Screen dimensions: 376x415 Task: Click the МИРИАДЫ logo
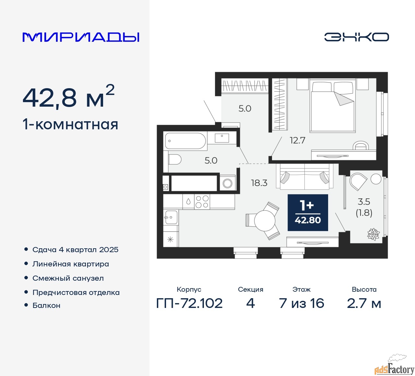[x=81, y=37]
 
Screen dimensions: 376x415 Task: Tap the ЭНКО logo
[x=356, y=37]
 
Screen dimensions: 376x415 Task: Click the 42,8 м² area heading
[x=68, y=97]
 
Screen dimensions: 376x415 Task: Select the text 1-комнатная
[x=70, y=124]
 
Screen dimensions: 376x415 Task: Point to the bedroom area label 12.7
[x=297, y=140]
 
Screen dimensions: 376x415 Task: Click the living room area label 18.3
[x=259, y=183]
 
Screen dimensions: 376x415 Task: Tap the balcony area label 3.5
[x=364, y=202]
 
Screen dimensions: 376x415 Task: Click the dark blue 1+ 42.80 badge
[x=308, y=213]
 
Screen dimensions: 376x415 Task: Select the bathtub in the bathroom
[x=185, y=141]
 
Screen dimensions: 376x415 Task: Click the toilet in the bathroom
[x=174, y=159]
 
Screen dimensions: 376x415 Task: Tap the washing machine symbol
[x=228, y=183]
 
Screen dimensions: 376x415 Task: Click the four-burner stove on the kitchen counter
[x=202, y=202]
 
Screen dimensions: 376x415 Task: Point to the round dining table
[x=265, y=220]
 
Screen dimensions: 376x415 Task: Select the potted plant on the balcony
[x=373, y=234]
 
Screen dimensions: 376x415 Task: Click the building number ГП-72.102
[x=189, y=303]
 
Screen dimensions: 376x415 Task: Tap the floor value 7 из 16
[x=302, y=303]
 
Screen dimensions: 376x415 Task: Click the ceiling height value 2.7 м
[x=364, y=303]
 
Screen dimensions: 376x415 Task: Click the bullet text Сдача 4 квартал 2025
[x=75, y=250]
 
